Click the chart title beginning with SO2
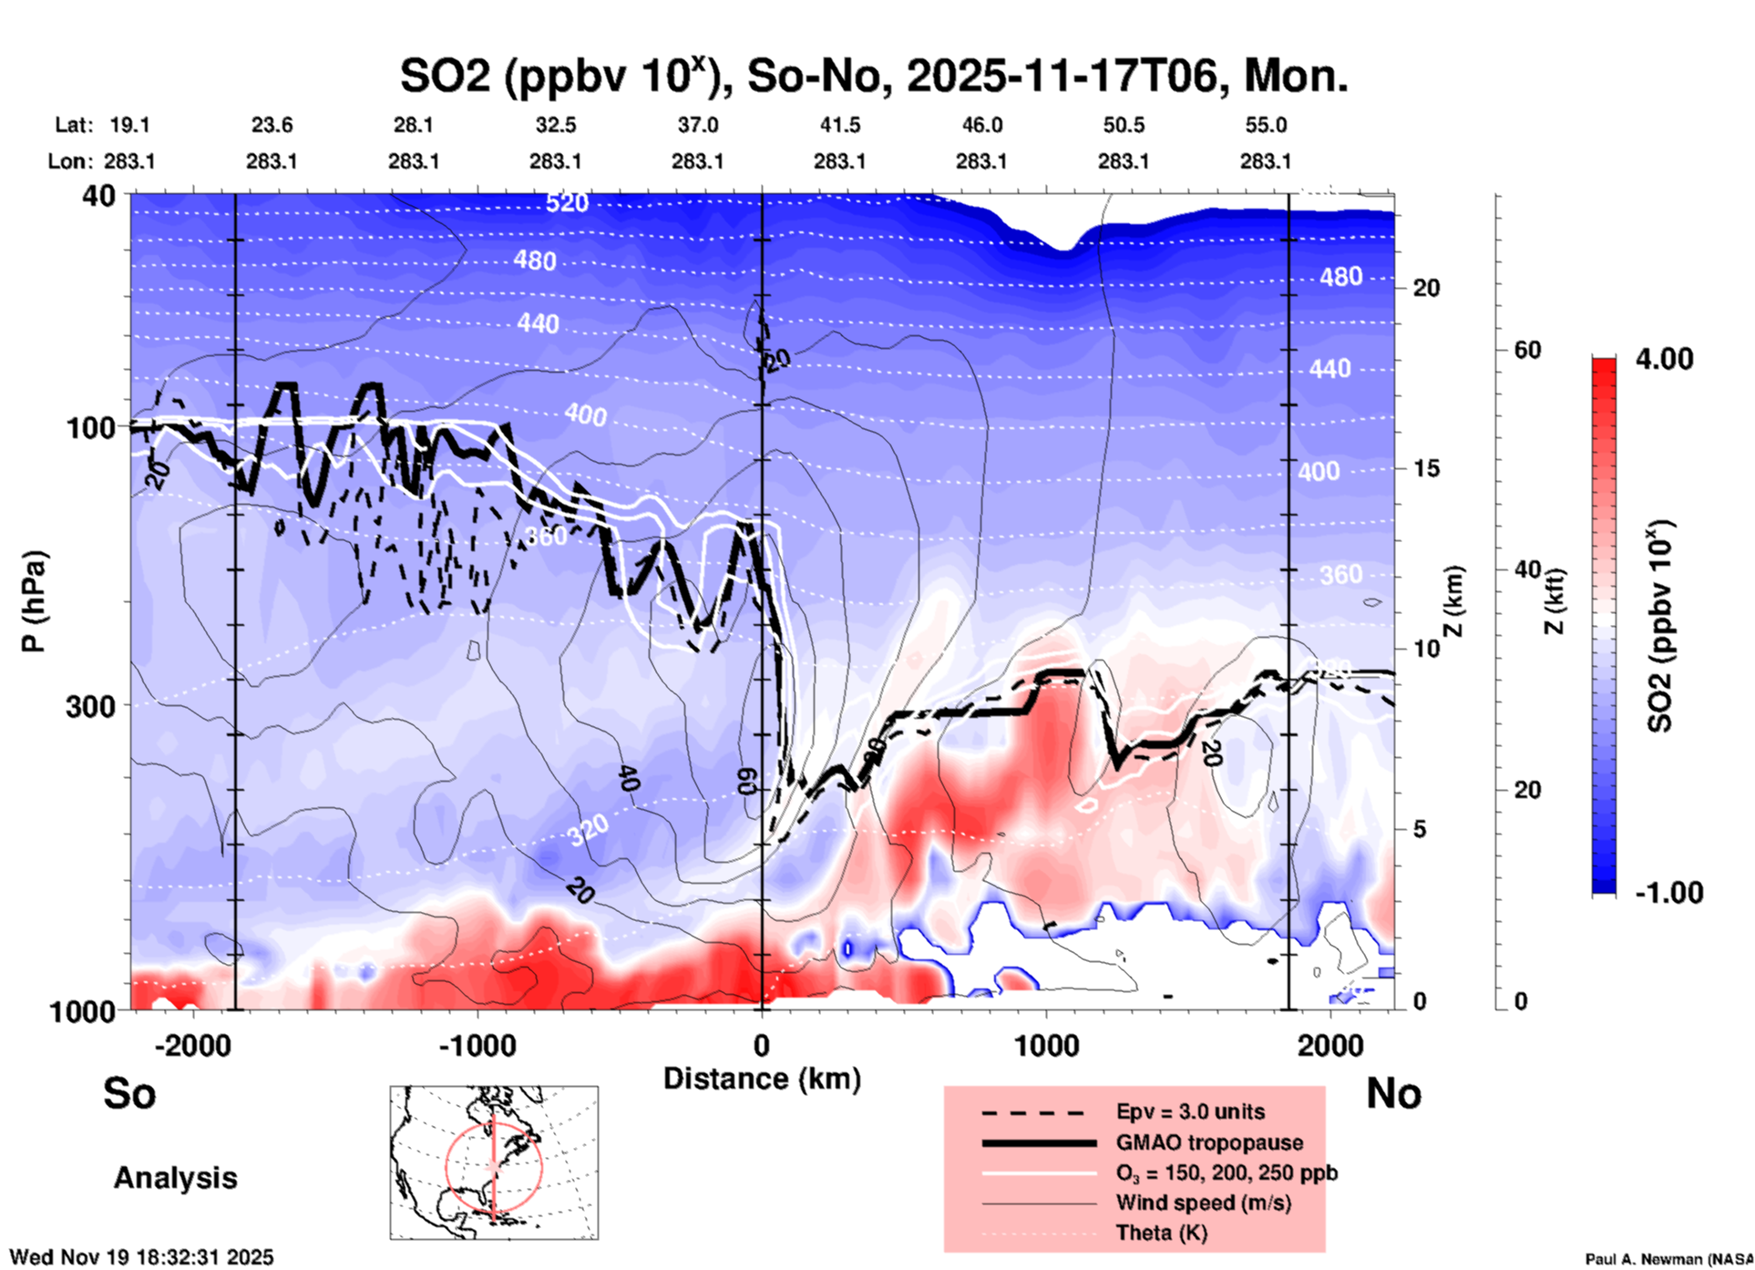point(873,77)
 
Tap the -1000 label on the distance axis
point(477,1045)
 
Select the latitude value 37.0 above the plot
point(697,125)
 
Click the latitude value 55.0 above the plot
point(1266,125)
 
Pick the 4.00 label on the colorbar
point(1664,359)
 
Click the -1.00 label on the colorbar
point(1668,893)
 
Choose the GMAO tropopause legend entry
point(1209,1142)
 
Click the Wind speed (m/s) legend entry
point(1203,1203)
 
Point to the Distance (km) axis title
point(762,1079)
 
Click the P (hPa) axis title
point(34,601)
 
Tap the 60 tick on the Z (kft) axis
point(1527,351)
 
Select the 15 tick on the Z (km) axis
point(1426,468)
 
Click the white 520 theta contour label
point(567,203)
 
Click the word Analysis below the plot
point(175,1178)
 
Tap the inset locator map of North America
point(494,1162)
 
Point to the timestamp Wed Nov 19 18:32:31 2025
point(141,1257)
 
